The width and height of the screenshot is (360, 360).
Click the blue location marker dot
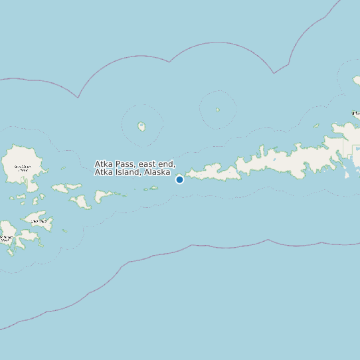tap(179, 179)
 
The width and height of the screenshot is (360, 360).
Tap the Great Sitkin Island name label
tap(23, 168)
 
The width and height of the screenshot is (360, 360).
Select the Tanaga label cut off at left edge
tap(6, 238)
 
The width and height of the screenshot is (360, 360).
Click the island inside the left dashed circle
tap(141, 126)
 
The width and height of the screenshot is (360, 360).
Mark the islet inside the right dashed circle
tap(217, 110)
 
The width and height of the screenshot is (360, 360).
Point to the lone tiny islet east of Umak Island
tap(64, 230)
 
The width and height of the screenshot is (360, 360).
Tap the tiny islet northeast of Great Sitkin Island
tap(62, 168)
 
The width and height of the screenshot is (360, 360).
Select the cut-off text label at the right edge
tap(356, 114)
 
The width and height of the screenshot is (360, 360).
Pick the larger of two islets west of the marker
tap(154, 187)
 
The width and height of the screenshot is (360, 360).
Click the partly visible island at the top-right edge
tap(357, 80)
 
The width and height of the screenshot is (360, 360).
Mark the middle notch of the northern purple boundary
tap(170, 62)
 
